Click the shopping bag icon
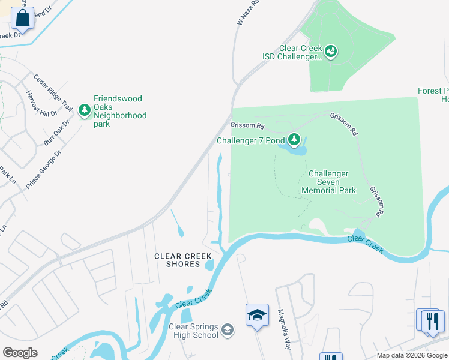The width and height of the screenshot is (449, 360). pos(22,18)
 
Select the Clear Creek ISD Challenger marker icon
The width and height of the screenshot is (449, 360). pos(331,52)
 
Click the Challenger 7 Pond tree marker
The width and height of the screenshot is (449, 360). pos(294,140)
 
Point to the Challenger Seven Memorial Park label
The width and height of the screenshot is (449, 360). pos(328,182)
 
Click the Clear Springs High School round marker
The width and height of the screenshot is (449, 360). pos(228,329)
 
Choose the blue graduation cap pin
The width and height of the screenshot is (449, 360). pos(256,314)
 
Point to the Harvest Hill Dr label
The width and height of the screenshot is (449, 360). pos(41,103)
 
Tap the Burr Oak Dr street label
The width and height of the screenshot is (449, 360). pos(56,133)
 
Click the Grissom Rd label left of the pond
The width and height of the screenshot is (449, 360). pos(247,126)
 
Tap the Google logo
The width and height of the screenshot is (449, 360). pos(20,353)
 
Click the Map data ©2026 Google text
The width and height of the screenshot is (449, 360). pos(412,355)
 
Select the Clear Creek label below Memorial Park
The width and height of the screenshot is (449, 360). pos(365,244)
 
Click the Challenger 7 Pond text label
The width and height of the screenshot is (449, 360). pos(250,141)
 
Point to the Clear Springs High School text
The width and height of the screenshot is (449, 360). pos(193,331)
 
